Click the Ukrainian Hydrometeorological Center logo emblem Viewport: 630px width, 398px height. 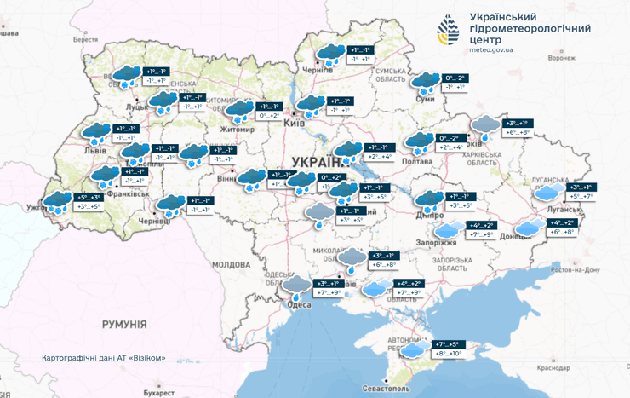450,32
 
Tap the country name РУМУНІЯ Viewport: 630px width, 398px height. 124,325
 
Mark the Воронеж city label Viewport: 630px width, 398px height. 561,59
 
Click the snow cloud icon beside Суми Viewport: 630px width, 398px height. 424,83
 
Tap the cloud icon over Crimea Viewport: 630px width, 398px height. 415,349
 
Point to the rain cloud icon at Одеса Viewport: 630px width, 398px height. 297,285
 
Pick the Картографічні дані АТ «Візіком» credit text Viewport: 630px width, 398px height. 103,357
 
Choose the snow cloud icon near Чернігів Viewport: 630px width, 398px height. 329,55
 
